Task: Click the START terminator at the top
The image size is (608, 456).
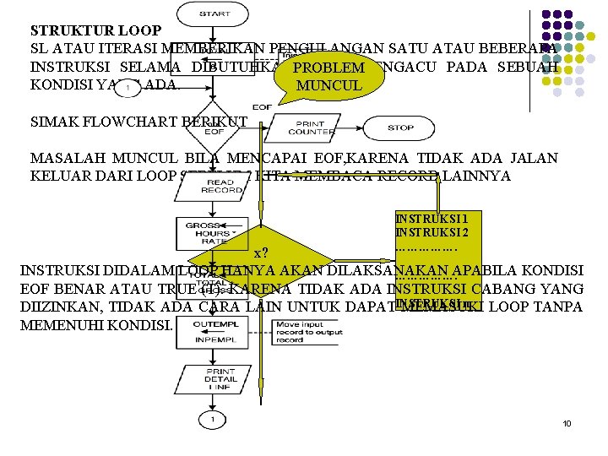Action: [214, 14]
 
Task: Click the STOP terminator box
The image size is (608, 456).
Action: [400, 128]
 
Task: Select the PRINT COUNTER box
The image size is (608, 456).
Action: [311, 128]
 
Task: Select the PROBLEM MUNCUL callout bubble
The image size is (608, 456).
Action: [328, 76]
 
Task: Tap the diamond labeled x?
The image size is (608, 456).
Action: [263, 253]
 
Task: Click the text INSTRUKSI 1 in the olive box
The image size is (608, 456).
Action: [426, 218]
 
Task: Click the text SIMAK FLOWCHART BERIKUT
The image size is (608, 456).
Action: [138, 122]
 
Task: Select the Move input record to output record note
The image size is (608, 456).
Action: [310, 331]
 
